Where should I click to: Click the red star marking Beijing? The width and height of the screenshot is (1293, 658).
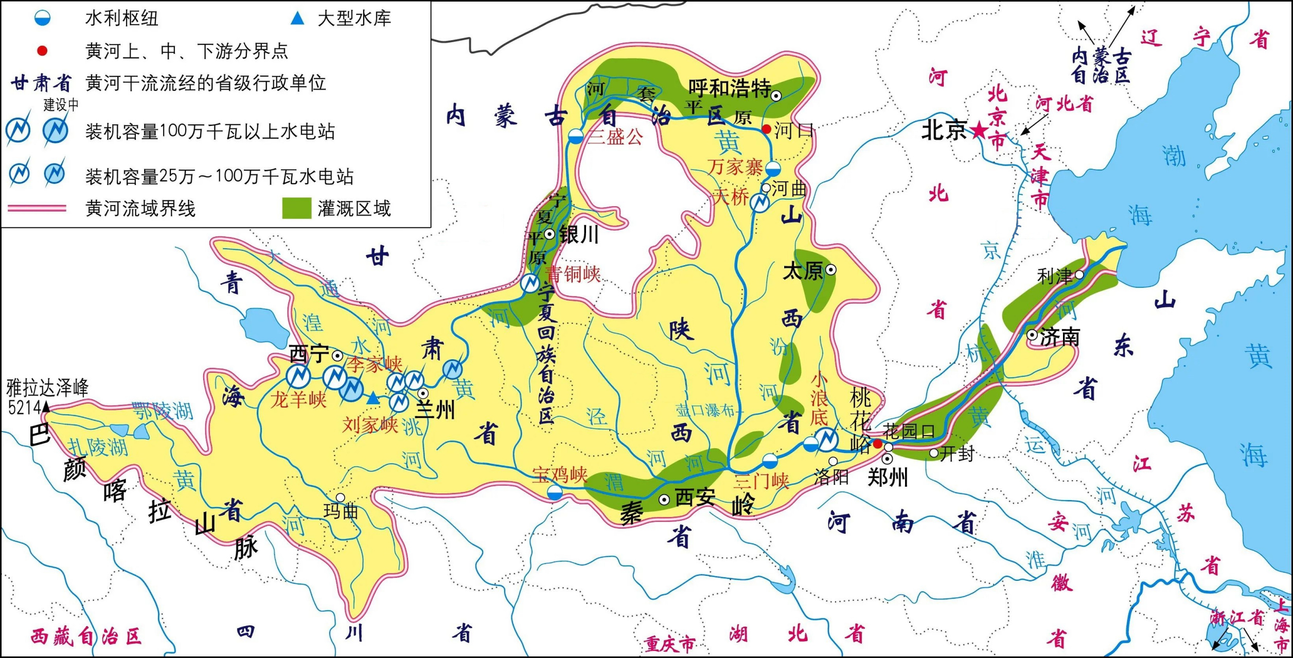coord(979,131)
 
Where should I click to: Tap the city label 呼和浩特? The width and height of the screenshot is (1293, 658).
coord(729,88)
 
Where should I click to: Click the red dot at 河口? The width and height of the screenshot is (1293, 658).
coord(766,129)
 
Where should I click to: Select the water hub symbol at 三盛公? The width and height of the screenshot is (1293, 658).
coord(576,137)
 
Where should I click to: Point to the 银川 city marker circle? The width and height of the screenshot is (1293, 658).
coord(550,234)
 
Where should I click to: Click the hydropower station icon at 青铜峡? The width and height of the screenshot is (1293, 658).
coord(529,283)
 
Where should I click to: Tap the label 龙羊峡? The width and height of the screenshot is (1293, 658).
coord(298,399)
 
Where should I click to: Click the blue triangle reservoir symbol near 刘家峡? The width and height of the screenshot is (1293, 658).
coord(373,398)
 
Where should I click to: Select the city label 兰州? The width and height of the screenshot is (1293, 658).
coord(435,411)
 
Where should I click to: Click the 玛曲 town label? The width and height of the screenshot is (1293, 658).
coord(341,511)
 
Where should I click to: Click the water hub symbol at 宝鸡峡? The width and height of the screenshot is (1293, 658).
coord(554,493)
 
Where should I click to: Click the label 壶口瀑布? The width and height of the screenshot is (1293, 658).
coord(705,410)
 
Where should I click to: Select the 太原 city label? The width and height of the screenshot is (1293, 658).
coord(802,271)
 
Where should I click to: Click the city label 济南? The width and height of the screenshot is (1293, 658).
coord(1060,337)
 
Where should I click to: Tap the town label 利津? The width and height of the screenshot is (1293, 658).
coord(1054,277)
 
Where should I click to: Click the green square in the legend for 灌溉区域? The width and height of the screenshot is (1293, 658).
coord(296,208)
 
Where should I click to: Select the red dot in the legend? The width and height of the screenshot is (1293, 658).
coord(42,50)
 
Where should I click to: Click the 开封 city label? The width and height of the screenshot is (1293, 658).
coord(957,453)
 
